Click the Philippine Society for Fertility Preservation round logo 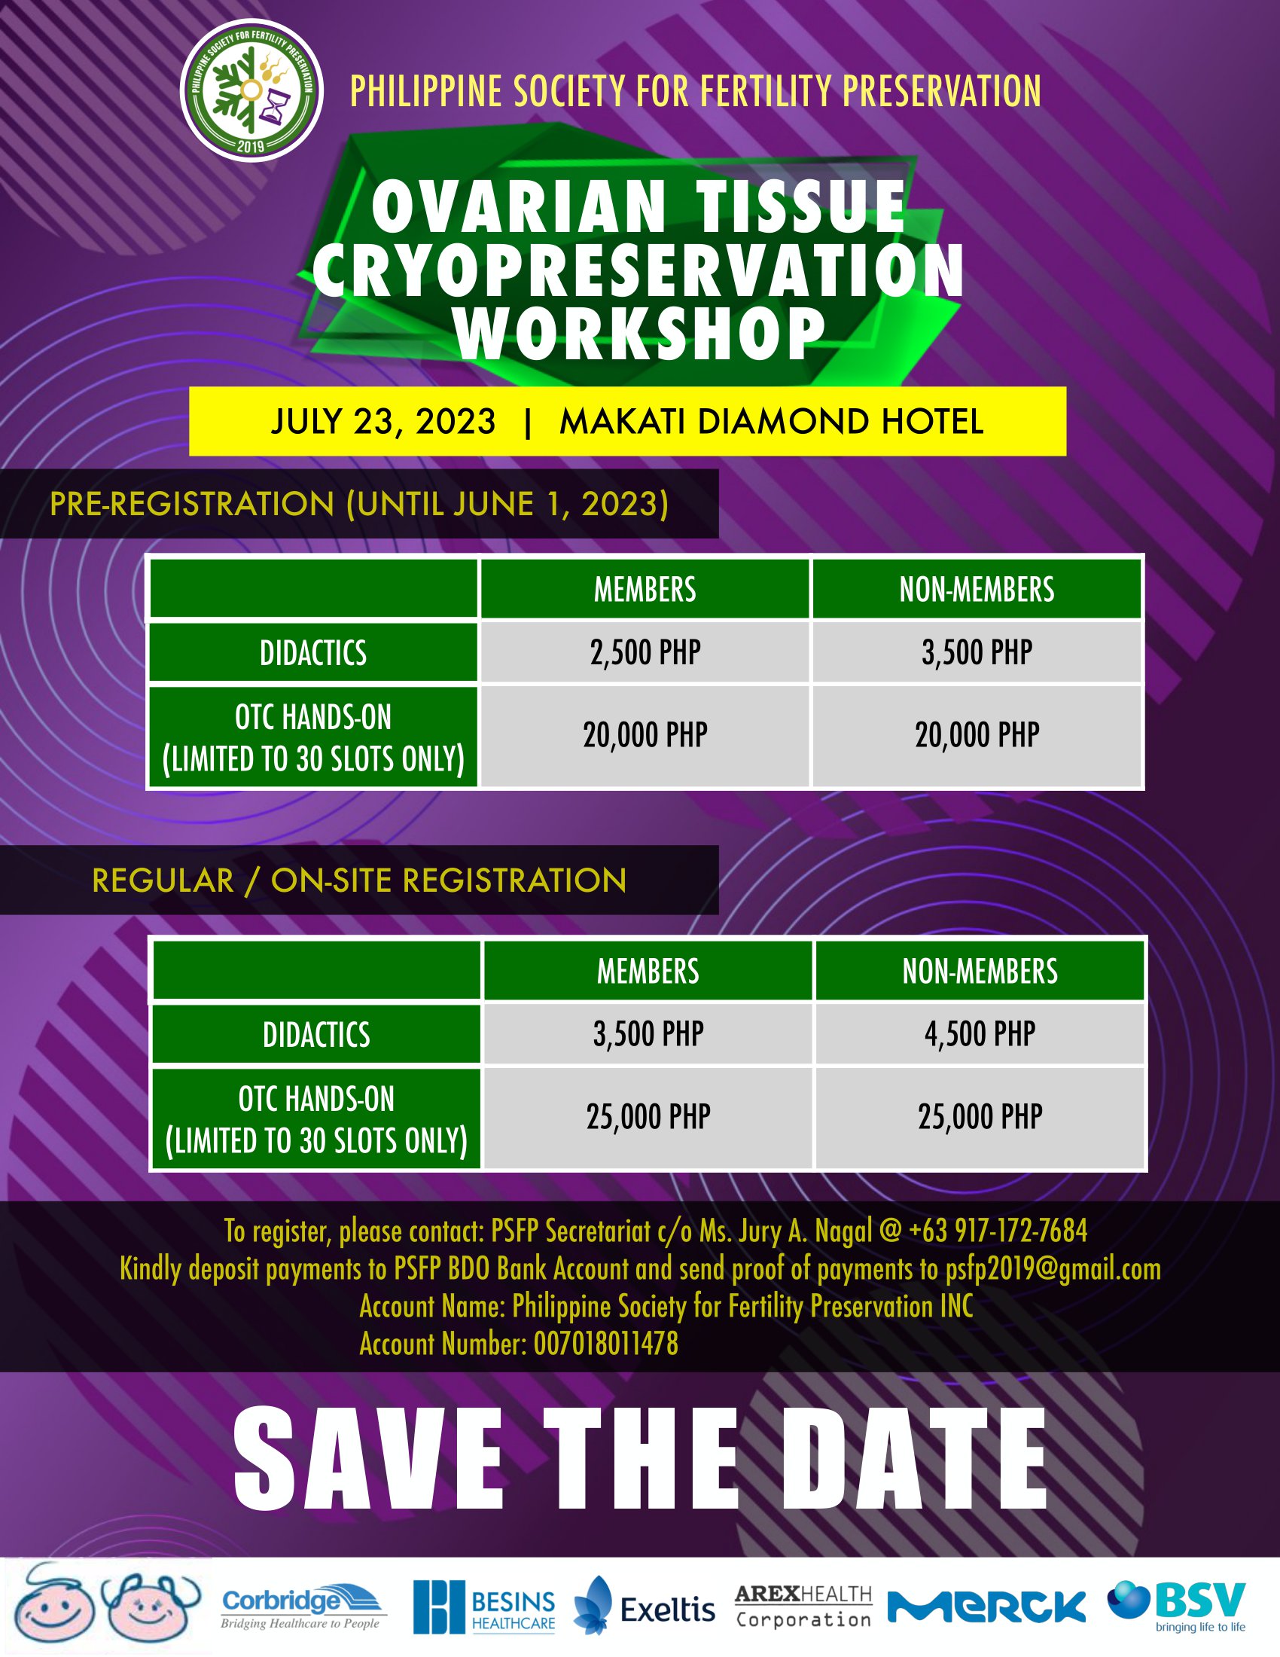click(251, 91)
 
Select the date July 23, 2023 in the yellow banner click(384, 422)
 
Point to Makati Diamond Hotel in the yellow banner click(771, 422)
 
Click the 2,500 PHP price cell click(645, 652)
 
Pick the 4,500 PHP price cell click(980, 1034)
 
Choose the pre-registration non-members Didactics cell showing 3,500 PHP click(977, 652)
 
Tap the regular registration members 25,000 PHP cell click(648, 1117)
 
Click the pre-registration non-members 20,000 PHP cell click(977, 735)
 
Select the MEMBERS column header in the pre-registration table click(645, 590)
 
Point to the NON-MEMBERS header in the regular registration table click(980, 971)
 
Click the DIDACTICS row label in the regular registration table click(316, 1034)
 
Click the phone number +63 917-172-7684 click(998, 1231)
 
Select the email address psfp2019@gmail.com click(1053, 1268)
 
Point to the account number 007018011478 click(606, 1344)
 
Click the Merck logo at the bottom click(986, 1607)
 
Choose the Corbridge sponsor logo click(303, 1607)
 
